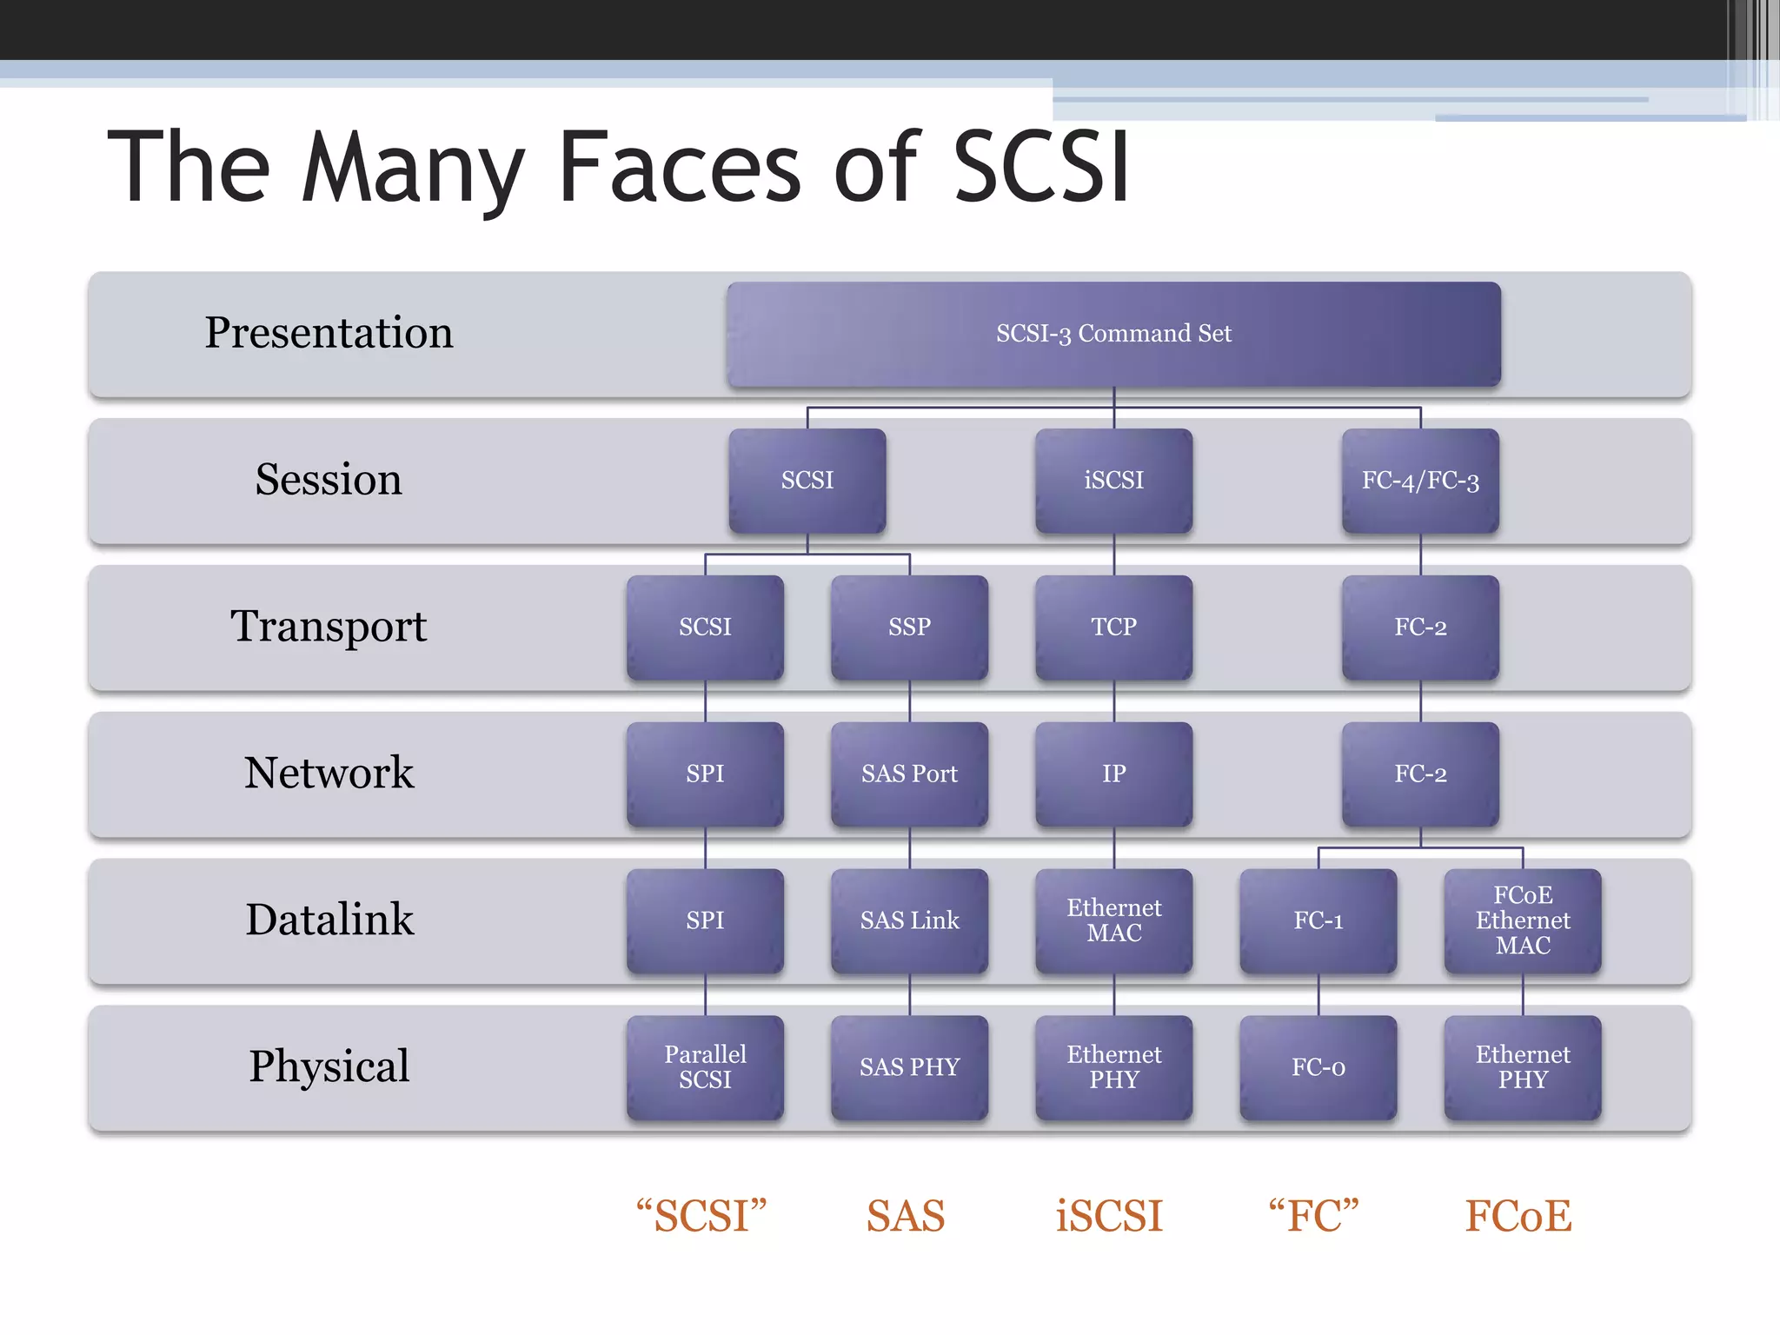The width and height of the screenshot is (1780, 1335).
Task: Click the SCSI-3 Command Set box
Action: (x=1113, y=334)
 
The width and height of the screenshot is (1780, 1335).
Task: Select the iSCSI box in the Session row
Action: (x=1113, y=481)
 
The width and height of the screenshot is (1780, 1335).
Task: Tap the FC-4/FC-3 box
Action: (x=1420, y=481)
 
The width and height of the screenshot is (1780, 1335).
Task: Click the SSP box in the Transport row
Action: (x=909, y=627)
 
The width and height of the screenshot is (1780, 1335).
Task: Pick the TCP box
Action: (x=1113, y=627)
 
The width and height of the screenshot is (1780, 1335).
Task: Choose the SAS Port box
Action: (x=909, y=774)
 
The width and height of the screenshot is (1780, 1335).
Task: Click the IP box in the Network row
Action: (x=1113, y=774)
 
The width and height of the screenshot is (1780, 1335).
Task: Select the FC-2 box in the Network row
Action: (x=1420, y=774)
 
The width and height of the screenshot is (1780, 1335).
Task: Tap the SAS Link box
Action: (x=909, y=920)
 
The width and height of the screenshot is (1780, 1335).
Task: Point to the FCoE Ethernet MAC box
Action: (x=1523, y=920)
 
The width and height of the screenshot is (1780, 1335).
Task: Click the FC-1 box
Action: (x=1318, y=920)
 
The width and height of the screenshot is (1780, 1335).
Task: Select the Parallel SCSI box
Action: (x=705, y=1067)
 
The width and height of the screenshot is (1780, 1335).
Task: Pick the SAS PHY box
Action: (x=909, y=1067)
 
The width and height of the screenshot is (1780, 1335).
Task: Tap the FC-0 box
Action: (x=1318, y=1067)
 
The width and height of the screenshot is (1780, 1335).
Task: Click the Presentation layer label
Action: (x=329, y=333)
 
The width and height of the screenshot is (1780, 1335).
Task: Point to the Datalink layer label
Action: (x=329, y=920)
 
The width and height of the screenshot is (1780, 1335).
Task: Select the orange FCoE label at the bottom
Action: (x=1518, y=1216)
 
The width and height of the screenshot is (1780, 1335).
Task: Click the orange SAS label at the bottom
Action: (x=905, y=1216)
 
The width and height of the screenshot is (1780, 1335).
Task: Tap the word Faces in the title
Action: (x=679, y=167)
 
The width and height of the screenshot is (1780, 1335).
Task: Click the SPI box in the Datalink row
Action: (x=705, y=920)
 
